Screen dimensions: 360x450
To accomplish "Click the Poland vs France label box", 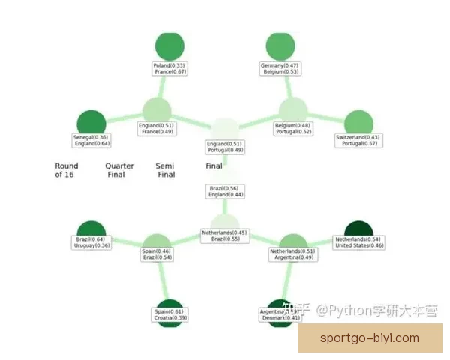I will click(169, 68).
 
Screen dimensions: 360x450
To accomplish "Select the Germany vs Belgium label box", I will click(280, 68).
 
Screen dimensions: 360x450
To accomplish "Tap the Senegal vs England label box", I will click(91, 140).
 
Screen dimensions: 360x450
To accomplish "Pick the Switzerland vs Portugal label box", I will click(358, 140).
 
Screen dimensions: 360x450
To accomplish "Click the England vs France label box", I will click(157, 128).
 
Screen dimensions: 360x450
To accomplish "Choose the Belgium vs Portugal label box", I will click(293, 128).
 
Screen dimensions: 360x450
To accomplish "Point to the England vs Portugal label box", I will click(224, 146).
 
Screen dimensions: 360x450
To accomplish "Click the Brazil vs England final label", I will click(224, 191).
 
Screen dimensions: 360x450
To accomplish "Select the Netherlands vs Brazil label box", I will click(224, 235).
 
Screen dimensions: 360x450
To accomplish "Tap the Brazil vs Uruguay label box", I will click(92, 242).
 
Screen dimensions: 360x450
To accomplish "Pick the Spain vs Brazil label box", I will click(157, 254).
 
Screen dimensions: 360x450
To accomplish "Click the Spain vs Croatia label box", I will click(169, 314).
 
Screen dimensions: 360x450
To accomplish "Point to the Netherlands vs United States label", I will click(359, 242).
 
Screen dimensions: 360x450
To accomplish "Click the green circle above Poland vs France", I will click(169, 46).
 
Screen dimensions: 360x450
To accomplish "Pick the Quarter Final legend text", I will click(119, 170).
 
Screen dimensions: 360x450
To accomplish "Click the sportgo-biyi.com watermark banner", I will click(370, 338).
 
